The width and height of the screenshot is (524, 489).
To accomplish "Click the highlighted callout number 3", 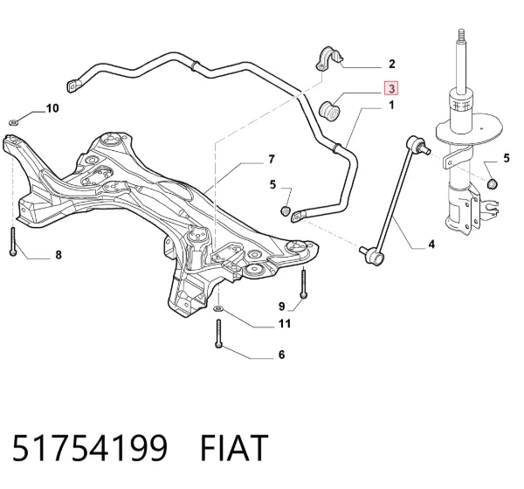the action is pos(391,88).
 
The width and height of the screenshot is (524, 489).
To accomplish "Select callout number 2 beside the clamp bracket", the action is pos(391,64).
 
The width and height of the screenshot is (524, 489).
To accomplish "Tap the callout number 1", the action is pos(391,105).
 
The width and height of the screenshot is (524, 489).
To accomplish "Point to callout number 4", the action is pos(431,244).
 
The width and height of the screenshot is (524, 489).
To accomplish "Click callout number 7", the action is pos(272,159).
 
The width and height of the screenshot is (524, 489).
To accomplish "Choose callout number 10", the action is pos(52,108).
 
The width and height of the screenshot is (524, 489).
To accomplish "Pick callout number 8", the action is pos(59,255).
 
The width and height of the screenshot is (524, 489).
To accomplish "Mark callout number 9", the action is pos(282,306).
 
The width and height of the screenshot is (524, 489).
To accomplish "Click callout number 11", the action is pos(285,324).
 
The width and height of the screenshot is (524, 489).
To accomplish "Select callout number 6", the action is pos(282,355).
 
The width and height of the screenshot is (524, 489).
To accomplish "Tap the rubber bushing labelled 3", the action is pos(330,111).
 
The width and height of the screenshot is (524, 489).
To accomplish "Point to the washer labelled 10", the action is pos(13,122).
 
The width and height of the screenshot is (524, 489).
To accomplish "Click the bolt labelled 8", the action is pos(13,241).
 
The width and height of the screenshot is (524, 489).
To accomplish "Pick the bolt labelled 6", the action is pos(218,334).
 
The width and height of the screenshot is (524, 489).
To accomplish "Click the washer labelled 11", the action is pos(218,308).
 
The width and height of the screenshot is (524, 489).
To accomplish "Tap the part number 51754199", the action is pos(90,448).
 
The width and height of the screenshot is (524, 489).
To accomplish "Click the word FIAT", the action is pos(234,448).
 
